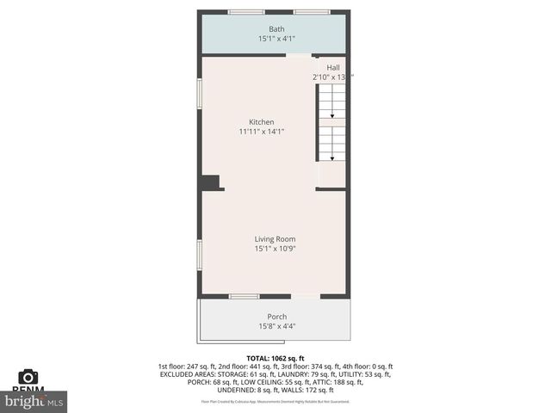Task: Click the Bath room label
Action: [275, 29]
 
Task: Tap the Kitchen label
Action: [262, 122]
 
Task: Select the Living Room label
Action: [275, 238]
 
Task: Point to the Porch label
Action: [276, 317]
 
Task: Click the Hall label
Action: [332, 67]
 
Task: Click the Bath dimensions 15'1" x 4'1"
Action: [275, 39]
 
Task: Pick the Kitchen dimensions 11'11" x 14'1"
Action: [262, 132]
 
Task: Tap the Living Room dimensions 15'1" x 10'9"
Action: [275, 249]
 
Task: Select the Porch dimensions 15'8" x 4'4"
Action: [276, 326]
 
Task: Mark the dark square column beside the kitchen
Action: [210, 182]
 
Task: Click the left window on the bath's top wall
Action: [246, 12]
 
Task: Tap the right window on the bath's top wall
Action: [311, 12]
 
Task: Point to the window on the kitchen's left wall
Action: [200, 94]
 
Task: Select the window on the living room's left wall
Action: [200, 255]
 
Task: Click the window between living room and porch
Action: [245, 297]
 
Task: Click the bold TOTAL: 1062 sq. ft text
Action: [275, 358]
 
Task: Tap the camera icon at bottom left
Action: [28, 377]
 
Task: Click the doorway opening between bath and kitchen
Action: [299, 55]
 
